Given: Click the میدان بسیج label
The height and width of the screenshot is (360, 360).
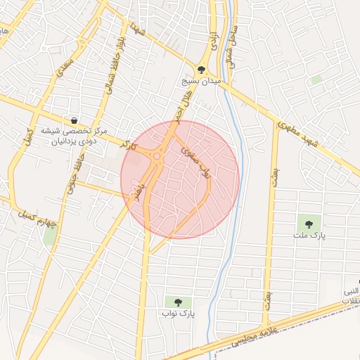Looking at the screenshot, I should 202,82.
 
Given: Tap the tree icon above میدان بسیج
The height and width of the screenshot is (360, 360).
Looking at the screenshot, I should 202,70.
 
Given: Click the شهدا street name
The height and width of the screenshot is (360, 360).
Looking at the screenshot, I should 136,29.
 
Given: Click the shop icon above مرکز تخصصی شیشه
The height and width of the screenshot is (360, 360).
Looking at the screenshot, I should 74,120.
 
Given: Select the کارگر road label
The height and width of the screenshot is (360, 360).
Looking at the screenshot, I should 127,144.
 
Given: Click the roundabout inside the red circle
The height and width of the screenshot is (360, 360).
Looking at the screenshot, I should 156,157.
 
